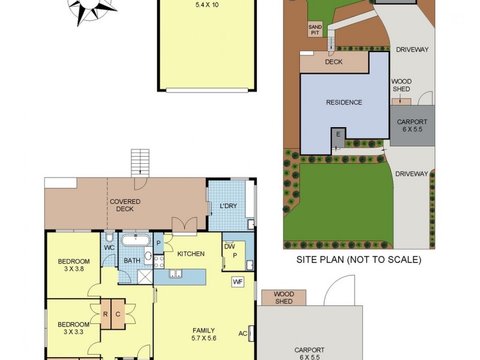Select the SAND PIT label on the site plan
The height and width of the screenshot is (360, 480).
pyautogui.click(x=315, y=30)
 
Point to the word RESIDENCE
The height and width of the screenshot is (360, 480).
pyautogui.click(x=344, y=102)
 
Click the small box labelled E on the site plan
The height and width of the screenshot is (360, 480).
pyautogui.click(x=338, y=134)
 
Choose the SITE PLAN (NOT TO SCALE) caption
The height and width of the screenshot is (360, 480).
pyautogui.click(x=359, y=260)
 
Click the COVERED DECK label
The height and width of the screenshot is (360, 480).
pyautogui.click(x=125, y=205)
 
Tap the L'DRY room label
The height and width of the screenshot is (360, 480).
pyautogui.click(x=228, y=206)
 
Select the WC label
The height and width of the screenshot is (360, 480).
pyautogui.click(x=109, y=247)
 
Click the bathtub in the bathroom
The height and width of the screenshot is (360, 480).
pyautogui.click(x=135, y=241)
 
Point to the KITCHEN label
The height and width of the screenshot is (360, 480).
pyautogui.click(x=191, y=254)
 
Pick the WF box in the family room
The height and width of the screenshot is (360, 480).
pyautogui.click(x=238, y=281)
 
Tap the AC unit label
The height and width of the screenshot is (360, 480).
pyautogui.click(x=243, y=333)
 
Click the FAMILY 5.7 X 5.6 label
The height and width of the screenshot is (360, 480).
pyautogui.click(x=204, y=334)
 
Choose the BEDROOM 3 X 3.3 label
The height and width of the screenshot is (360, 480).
pyautogui.click(x=74, y=329)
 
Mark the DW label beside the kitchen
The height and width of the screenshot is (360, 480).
pyautogui.click(x=229, y=246)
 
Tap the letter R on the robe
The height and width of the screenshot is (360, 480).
pyautogui.click(x=105, y=313)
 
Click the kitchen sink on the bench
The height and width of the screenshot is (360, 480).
pyautogui.click(x=176, y=275)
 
